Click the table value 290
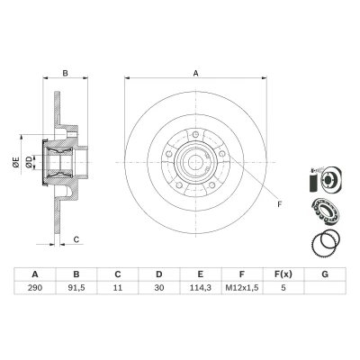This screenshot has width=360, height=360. [35, 288]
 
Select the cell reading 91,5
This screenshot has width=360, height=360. [76, 288]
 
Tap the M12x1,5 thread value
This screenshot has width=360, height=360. [242, 288]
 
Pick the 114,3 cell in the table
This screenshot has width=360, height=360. [201, 288]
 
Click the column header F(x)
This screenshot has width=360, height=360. [283, 274]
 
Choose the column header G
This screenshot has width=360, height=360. [325, 274]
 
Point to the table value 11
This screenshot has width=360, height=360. [118, 288]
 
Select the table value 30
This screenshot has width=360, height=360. [159, 288]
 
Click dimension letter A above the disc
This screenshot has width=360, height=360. [195, 73]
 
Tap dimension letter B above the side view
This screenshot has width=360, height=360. [65, 73]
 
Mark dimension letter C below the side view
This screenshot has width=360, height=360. [76, 239]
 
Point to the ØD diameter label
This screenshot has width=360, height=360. [29, 162]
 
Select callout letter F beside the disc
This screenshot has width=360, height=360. [280, 204]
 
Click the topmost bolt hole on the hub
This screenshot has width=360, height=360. [195, 134]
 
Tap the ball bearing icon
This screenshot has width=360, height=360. [325, 211]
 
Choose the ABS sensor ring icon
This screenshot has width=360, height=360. [326, 241]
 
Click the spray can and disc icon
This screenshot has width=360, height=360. [325, 179]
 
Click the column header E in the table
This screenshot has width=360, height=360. [201, 274]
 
